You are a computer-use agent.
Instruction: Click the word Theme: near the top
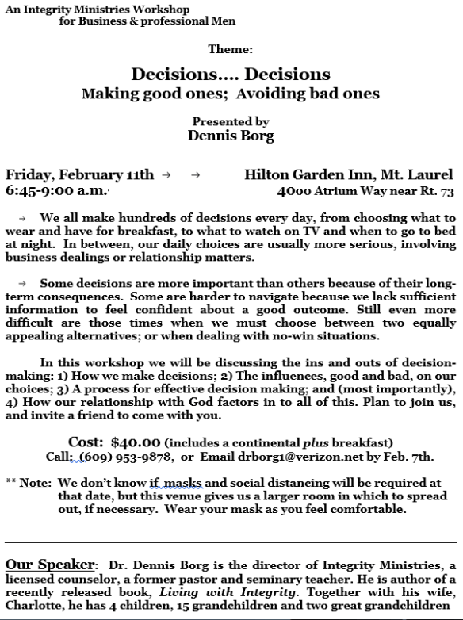[231, 49]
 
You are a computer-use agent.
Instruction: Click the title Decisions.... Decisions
[231, 75]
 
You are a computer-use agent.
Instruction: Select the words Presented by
[231, 121]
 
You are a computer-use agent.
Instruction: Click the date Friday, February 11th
[80, 175]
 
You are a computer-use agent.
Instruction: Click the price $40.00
[136, 442]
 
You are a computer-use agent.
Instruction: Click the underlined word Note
[35, 483]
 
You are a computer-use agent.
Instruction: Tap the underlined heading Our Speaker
[51, 565]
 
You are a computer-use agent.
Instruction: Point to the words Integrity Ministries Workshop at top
[84, 6]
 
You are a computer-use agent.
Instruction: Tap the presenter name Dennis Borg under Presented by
[231, 136]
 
